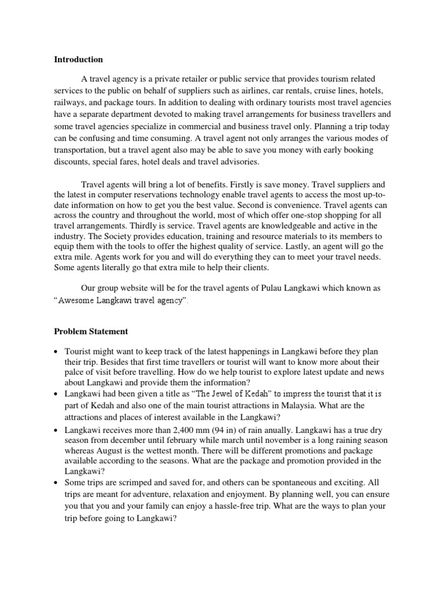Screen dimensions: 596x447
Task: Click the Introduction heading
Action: pyautogui.click(x=79, y=59)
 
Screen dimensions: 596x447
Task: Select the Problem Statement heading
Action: pyautogui.click(x=91, y=331)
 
